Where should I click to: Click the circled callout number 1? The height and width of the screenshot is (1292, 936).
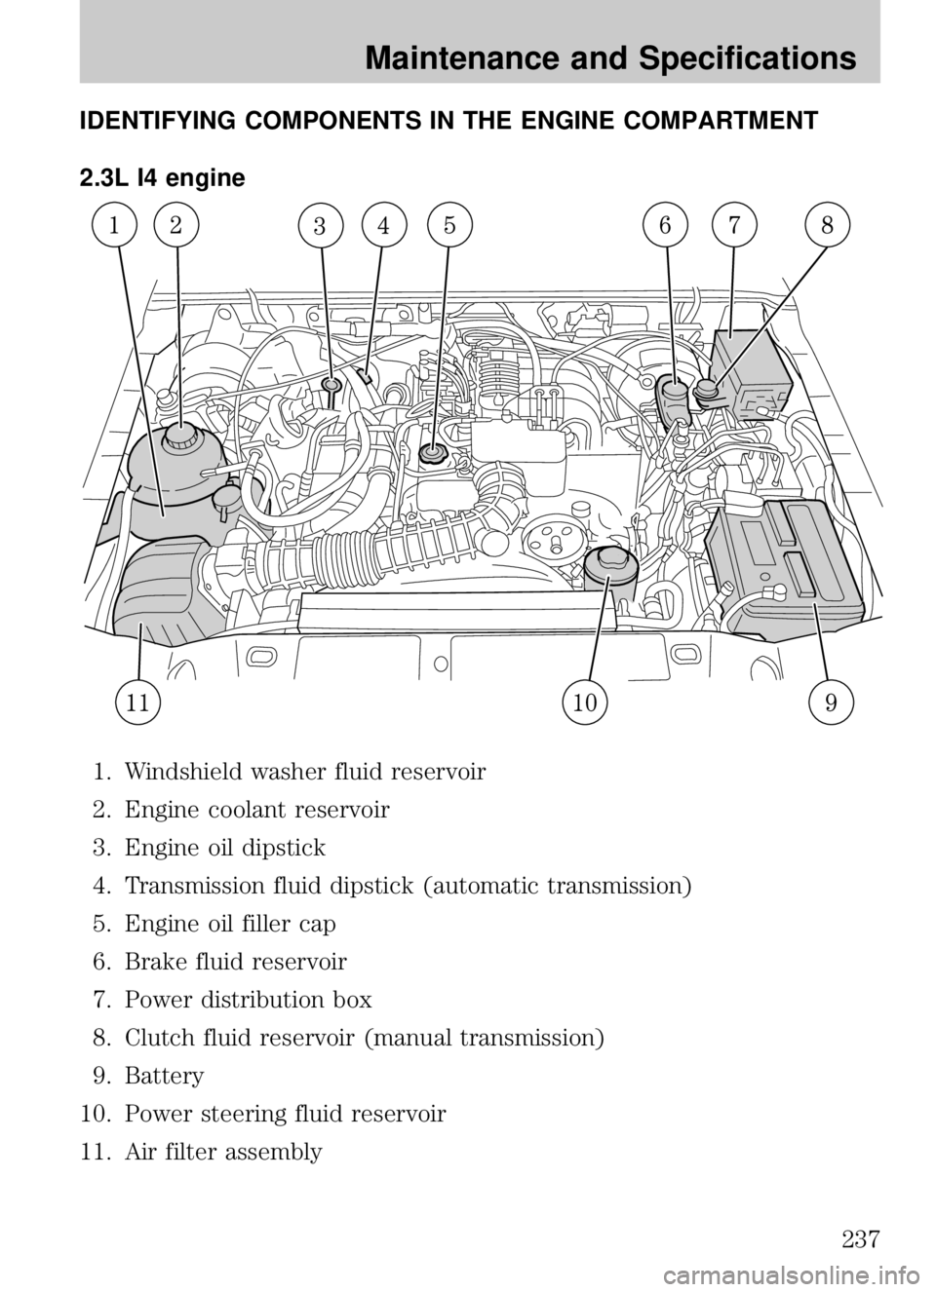coord(115,225)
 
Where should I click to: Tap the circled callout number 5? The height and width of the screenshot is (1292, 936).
coord(450,224)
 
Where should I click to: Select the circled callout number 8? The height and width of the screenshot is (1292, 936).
coord(827,225)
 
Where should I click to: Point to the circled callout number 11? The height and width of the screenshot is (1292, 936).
coord(138,703)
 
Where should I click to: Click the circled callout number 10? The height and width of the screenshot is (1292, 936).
coord(585,702)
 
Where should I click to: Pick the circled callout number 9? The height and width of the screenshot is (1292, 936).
coord(831,703)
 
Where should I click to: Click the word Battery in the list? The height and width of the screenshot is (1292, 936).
coord(164,1076)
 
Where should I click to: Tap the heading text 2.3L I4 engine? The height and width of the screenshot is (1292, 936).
coord(162,178)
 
